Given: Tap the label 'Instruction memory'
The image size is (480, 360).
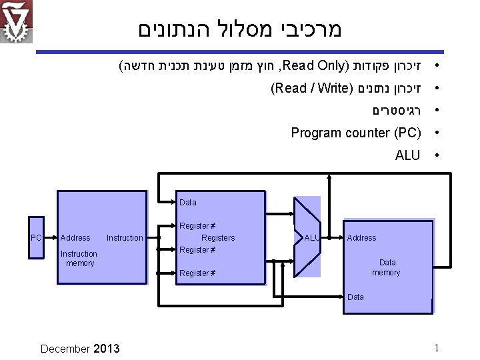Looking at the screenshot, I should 79,259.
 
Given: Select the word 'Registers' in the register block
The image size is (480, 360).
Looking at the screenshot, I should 218,238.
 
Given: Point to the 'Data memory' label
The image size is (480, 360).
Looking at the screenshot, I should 387,267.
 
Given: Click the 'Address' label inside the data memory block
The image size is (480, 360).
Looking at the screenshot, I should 362,238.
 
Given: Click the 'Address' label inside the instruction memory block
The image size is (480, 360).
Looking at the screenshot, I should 75,238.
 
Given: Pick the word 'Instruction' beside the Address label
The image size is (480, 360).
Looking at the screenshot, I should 125,238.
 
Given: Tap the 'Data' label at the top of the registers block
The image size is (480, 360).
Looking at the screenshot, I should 188,203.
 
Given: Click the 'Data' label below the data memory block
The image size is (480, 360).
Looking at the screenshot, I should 356,297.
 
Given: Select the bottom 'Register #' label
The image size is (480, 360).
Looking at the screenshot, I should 197,273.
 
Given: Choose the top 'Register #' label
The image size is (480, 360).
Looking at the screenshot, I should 197,227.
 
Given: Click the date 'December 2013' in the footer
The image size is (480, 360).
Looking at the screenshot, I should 80,348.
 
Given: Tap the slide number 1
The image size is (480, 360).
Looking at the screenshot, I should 436,347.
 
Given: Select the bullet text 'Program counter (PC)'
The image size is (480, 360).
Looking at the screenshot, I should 355,133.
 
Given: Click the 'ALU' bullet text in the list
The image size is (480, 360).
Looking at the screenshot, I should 407,155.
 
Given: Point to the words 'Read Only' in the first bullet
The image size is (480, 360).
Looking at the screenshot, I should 317,65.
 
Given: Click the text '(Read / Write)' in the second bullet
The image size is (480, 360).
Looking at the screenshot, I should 311,87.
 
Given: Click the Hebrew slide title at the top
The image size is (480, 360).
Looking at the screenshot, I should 239,29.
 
